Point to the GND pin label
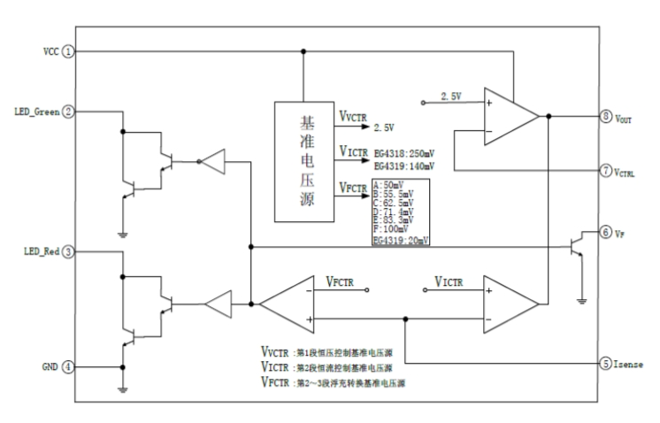tap(46, 366)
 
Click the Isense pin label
tap(633, 363)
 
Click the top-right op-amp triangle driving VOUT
tap(510, 116)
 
